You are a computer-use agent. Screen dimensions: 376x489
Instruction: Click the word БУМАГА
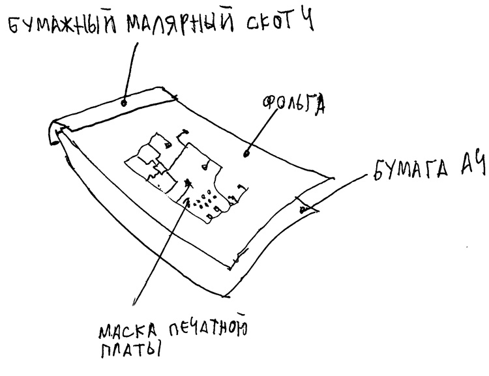pos(406,171)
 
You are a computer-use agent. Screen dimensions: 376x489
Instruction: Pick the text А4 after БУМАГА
pos(469,168)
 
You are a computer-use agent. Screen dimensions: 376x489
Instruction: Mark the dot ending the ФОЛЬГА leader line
pos(246,155)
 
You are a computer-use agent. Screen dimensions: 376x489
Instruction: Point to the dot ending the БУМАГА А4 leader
pos(302,210)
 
